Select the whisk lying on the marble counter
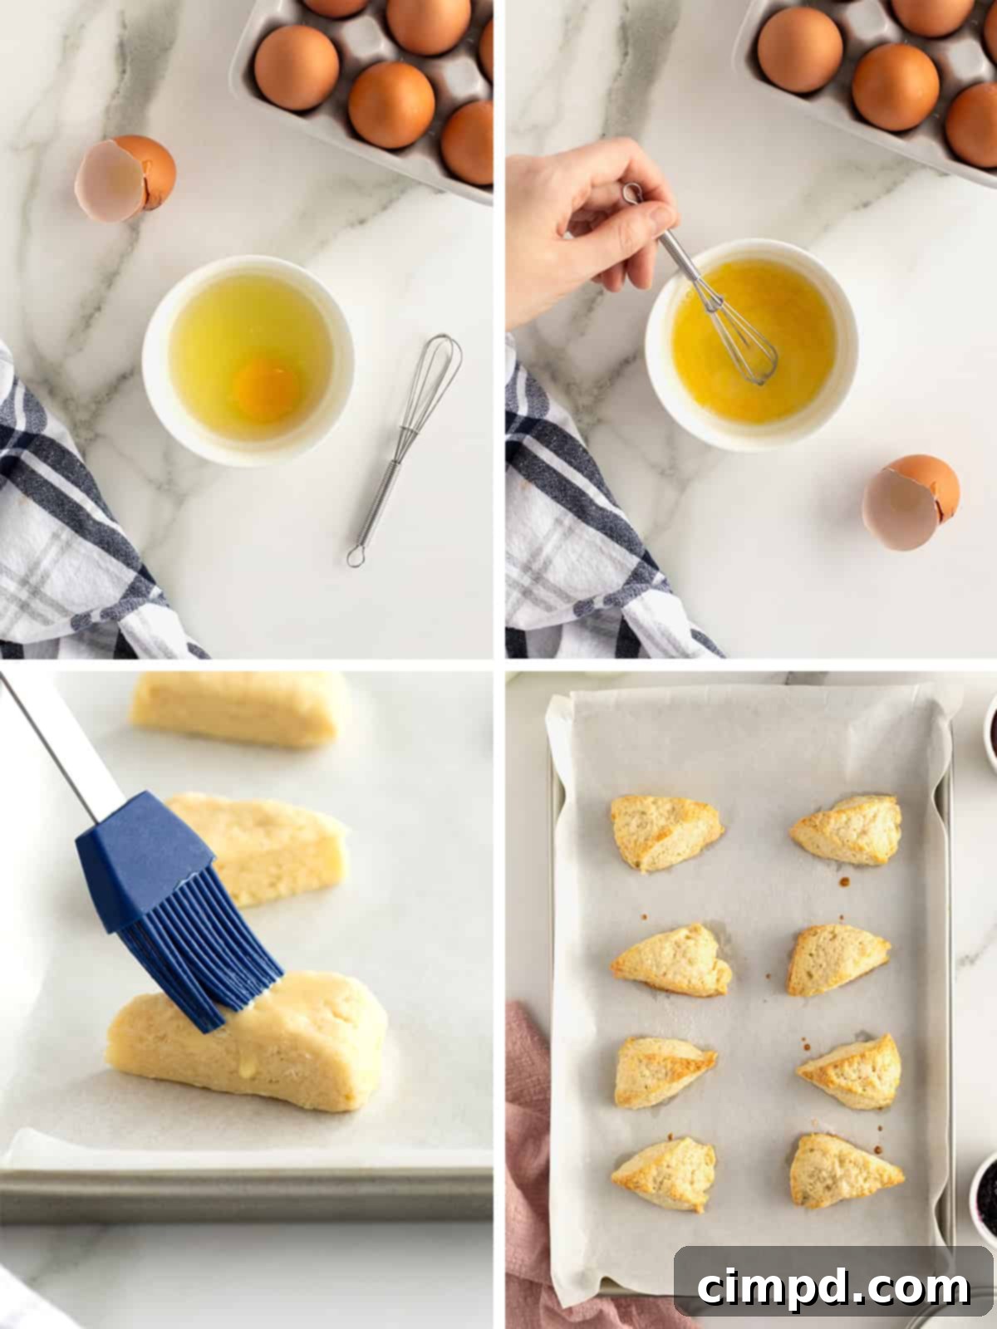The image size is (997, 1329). click(x=404, y=450)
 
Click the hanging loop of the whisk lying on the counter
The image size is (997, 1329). click(x=356, y=557)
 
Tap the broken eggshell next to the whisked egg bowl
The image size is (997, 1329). click(x=911, y=502)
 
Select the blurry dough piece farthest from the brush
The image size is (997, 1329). click(x=236, y=709)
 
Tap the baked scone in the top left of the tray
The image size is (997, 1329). click(x=665, y=832)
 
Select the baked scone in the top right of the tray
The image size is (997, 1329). click(x=847, y=830)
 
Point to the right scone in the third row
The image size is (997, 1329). click(x=851, y=1070)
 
